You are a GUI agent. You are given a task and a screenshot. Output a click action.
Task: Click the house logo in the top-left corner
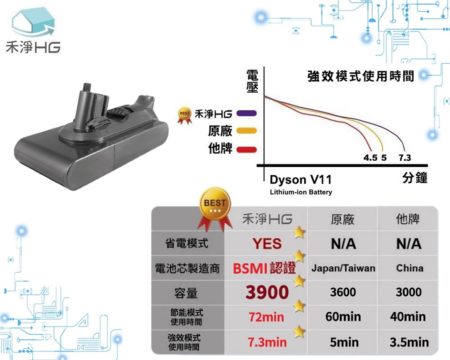coord(33,22)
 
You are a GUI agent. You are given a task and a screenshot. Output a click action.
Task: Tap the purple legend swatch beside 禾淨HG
coord(246,113)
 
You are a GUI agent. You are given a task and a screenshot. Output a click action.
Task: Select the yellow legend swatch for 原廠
coord(246,131)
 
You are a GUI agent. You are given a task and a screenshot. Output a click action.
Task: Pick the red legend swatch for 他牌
coord(246,149)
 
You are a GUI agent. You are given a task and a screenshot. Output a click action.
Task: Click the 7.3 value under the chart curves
coord(405,157)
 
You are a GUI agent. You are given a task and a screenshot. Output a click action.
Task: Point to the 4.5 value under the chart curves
coord(370,157)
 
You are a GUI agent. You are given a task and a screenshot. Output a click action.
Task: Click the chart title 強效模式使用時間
coord(361,76)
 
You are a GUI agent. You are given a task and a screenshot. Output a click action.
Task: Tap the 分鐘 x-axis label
coord(415,178)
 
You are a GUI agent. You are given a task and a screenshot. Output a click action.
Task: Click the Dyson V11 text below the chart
coord(300,180)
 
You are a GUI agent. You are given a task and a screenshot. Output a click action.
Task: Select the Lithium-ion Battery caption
coord(301,192)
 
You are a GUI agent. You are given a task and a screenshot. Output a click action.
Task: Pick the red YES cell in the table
coord(267,244)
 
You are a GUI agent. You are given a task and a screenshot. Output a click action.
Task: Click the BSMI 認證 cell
coord(264,269)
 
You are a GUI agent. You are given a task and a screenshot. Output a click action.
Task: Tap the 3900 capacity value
coord(267,292)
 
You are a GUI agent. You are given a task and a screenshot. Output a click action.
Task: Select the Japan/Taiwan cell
coord(343,268)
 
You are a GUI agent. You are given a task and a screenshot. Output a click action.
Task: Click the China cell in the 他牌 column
coord(410,268)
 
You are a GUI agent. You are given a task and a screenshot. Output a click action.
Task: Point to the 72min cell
coord(266,317)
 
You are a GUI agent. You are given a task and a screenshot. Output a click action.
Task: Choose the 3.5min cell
coord(409,342)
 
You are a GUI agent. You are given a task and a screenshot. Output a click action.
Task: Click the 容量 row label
coord(186,293)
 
